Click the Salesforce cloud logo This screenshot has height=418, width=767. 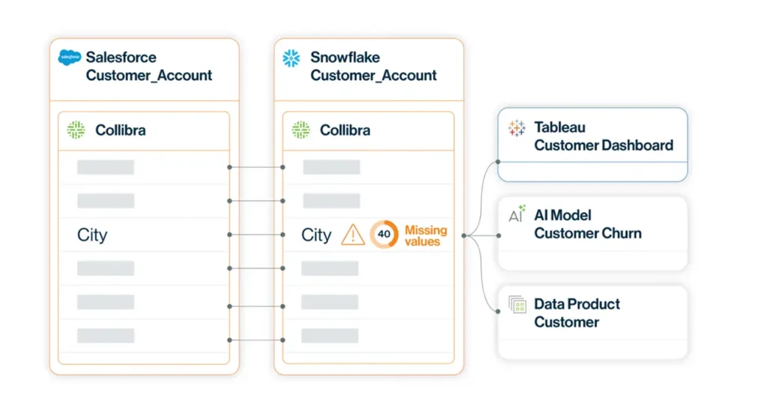(70, 58)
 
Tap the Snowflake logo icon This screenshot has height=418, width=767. (291, 58)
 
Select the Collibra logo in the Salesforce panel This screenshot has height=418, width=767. (76, 130)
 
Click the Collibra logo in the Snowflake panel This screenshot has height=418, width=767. (300, 130)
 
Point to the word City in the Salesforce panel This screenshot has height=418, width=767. (92, 235)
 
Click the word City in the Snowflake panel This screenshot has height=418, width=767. (316, 235)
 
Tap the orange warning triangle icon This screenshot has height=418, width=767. (352, 235)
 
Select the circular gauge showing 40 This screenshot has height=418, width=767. (383, 234)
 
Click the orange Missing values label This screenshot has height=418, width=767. (425, 236)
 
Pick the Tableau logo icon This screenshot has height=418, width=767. (517, 128)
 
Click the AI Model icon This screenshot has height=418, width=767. (517, 215)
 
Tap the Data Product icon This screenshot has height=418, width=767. (517, 305)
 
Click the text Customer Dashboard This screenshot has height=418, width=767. (603, 145)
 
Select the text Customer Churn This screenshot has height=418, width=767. (587, 233)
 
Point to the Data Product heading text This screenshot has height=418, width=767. (577, 304)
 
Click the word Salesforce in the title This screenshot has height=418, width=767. (121, 57)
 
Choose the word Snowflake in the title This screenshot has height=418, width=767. (345, 57)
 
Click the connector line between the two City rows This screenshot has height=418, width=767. (255, 235)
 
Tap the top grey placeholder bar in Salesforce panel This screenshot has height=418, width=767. (106, 167)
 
